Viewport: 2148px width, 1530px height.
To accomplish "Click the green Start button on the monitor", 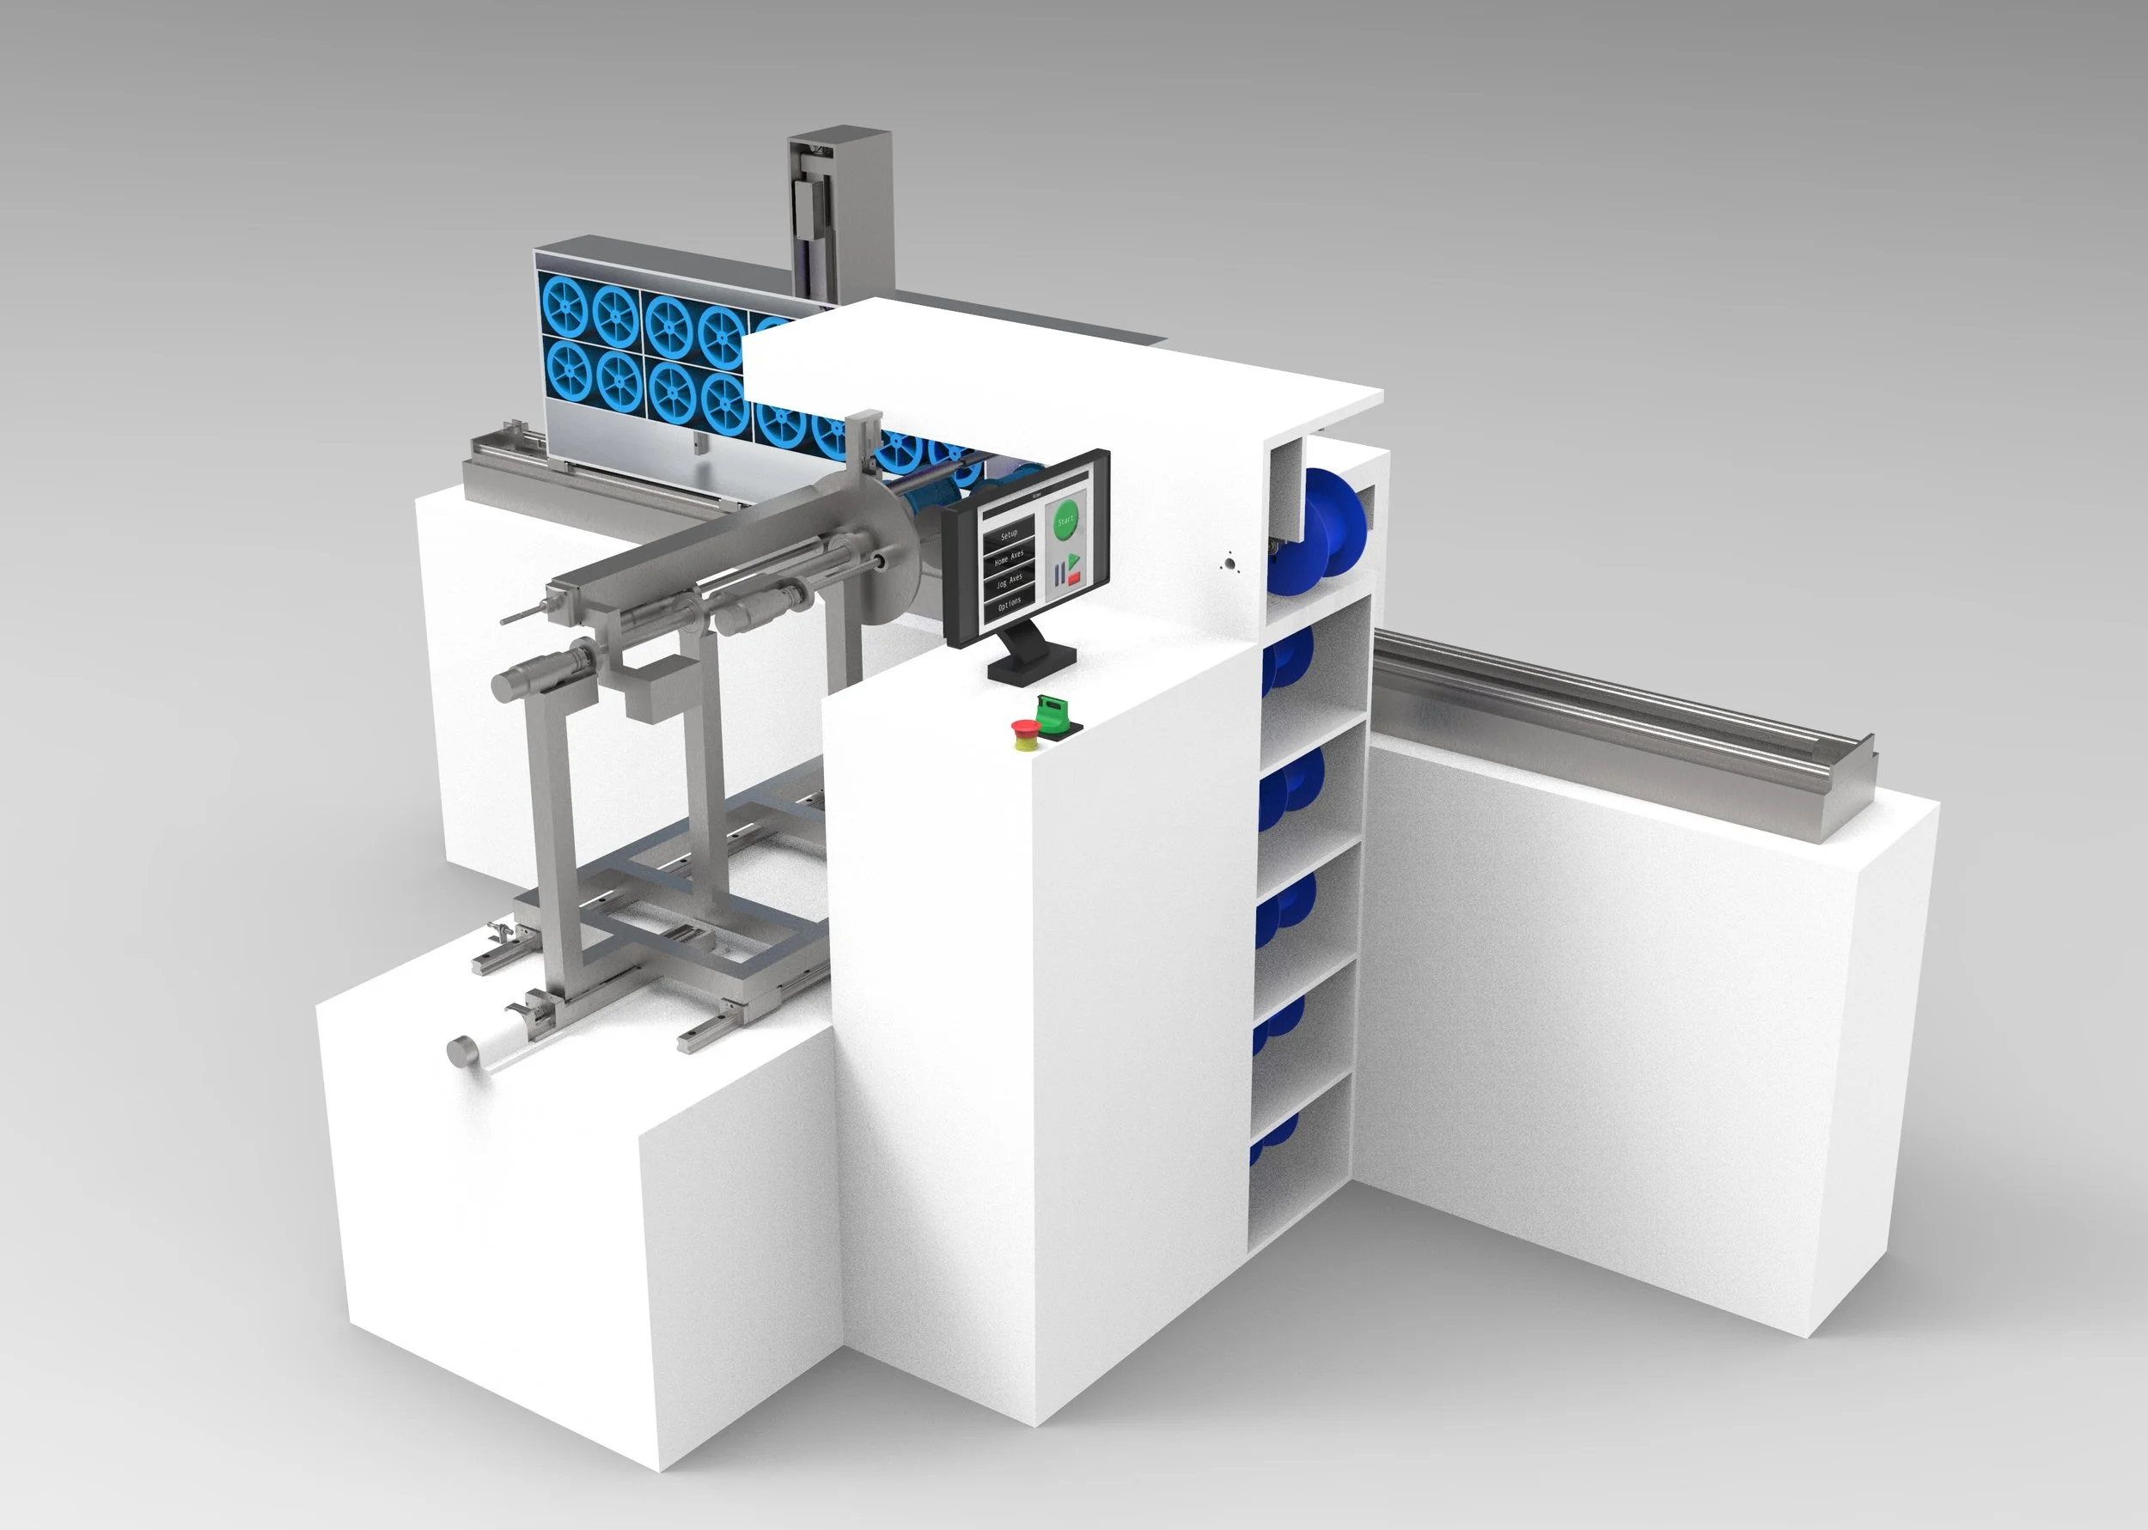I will (1066, 521).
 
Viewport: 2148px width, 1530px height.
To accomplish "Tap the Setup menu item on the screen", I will (1010, 535).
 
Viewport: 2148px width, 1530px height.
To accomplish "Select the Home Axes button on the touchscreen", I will (1010, 558).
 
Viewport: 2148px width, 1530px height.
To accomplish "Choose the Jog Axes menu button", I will (1010, 582).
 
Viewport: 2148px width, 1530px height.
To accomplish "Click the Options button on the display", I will (1010, 604).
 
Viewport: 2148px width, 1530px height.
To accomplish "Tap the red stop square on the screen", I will (1075, 578).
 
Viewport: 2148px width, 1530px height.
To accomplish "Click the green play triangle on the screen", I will (1074, 562).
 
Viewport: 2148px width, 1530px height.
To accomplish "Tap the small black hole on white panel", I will (1228, 564).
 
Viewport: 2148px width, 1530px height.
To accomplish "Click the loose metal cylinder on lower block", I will (461, 1051).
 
